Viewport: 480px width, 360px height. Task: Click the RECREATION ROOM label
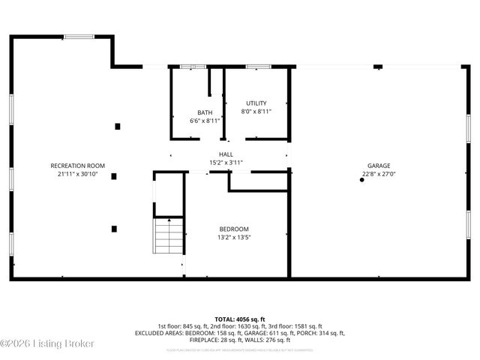[x=77, y=165]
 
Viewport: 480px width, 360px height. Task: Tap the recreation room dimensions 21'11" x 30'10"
[x=77, y=174]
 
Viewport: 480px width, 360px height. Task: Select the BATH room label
[x=205, y=112]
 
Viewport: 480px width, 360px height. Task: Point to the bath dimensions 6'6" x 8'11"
[x=205, y=121]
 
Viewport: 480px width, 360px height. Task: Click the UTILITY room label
[x=256, y=103]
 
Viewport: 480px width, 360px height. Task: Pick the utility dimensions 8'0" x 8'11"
[x=256, y=112]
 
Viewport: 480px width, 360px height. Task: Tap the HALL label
[x=226, y=154]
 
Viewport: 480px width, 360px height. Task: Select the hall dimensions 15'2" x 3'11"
[x=226, y=162]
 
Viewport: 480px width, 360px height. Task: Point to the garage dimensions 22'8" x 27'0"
[x=379, y=174]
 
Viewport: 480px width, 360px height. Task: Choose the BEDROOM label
[x=234, y=229]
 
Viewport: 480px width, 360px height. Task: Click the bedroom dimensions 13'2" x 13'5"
[x=234, y=238]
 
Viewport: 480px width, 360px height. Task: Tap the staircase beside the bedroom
[x=169, y=238]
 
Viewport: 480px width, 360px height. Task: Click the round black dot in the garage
[x=361, y=180]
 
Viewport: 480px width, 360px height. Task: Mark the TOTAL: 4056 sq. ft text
[x=240, y=319]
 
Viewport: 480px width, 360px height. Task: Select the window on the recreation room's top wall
[x=78, y=36]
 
